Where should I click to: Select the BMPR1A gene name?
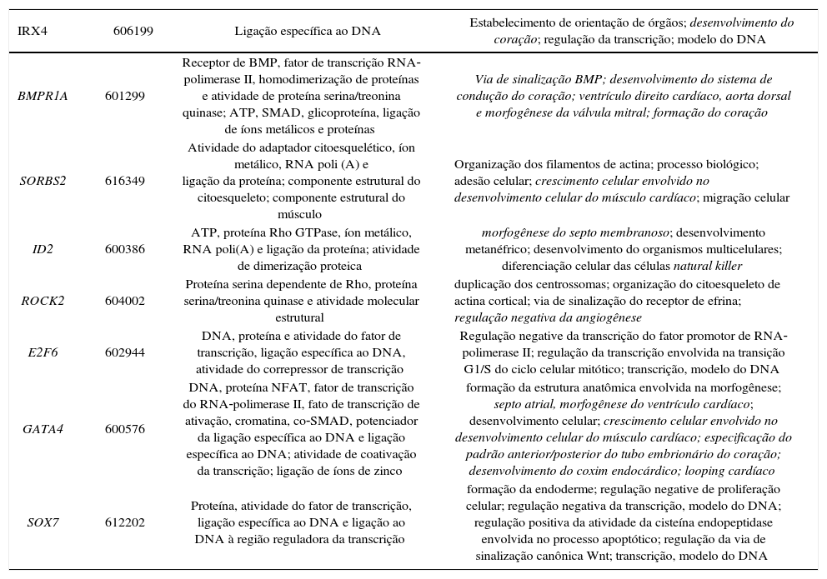click(x=43, y=96)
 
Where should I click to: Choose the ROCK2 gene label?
click(x=43, y=301)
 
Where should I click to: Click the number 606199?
click(x=133, y=31)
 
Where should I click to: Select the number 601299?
click(x=125, y=96)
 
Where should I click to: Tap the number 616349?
click(x=125, y=180)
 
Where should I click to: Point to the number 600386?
click(x=125, y=249)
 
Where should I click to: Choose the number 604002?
click(x=125, y=301)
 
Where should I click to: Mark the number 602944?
click(x=125, y=352)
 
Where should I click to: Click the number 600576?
click(x=125, y=429)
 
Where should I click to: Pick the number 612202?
click(x=125, y=522)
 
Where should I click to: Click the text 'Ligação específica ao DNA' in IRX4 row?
click(x=308, y=31)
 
